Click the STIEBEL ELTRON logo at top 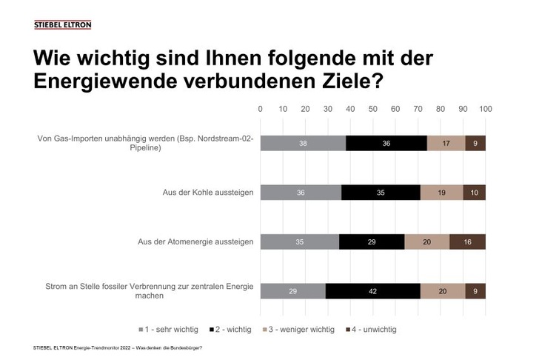point(63,24)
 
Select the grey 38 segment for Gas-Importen point(303,143)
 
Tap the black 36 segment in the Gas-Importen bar point(386,143)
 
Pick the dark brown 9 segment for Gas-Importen point(475,143)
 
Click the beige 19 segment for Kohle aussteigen point(441,193)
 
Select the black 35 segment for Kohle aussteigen point(381,193)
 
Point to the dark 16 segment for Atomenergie point(467,241)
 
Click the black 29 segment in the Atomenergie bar point(372,241)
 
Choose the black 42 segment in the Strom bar point(372,291)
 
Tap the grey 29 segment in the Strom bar point(292,291)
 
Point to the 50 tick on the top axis point(373,110)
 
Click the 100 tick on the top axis point(486,110)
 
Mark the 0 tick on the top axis point(261,110)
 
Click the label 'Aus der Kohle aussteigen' point(208,193)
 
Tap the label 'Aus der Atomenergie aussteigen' point(196,241)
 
